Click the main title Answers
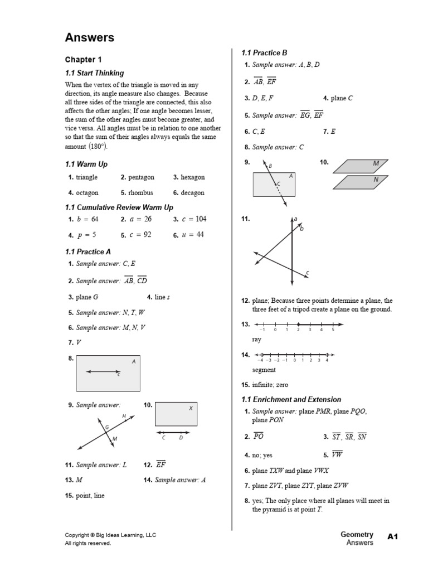(x=90, y=38)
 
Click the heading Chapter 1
(x=84, y=60)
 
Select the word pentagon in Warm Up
(x=141, y=177)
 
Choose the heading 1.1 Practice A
(x=88, y=252)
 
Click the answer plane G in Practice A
(x=87, y=297)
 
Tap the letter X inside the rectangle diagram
(x=191, y=408)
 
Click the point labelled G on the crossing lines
(x=106, y=428)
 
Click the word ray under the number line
(x=257, y=339)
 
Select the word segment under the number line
(x=264, y=370)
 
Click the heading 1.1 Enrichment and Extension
(x=291, y=400)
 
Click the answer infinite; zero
(x=270, y=385)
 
